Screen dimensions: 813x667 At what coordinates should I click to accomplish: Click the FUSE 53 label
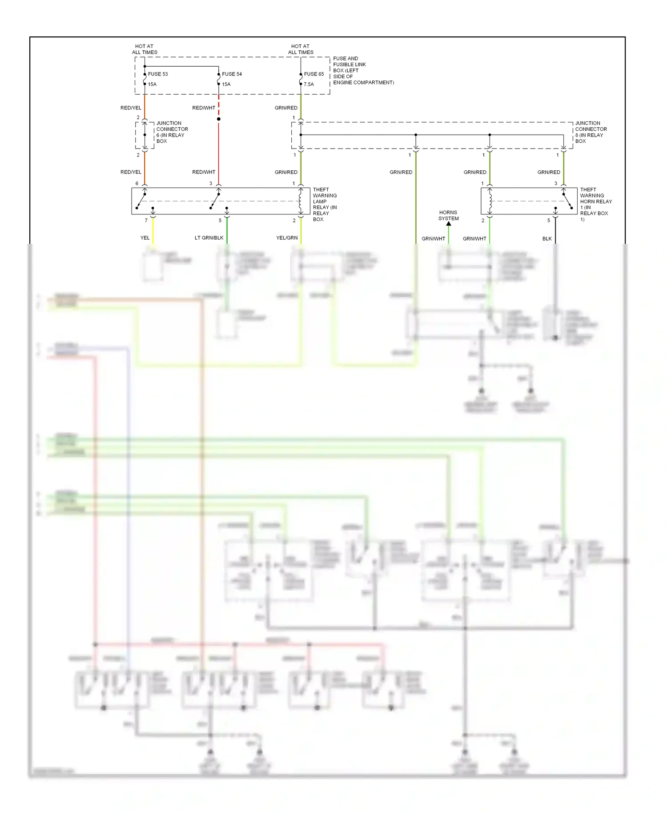pyautogui.click(x=158, y=74)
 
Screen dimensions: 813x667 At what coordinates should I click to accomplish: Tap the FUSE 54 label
pyautogui.click(x=232, y=74)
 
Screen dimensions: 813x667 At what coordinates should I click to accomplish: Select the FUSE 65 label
pyautogui.click(x=314, y=74)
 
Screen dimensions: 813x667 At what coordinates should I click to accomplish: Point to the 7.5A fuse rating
pyautogui.click(x=309, y=85)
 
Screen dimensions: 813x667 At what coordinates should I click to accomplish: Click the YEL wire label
pyautogui.click(x=145, y=238)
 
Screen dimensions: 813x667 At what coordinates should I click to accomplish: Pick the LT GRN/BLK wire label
pyautogui.click(x=209, y=238)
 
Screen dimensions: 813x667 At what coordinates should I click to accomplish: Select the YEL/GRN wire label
pyautogui.click(x=287, y=238)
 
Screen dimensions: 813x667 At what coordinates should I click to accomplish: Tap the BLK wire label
pyautogui.click(x=547, y=239)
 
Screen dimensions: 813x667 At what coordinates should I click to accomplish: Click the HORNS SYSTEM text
pyautogui.click(x=448, y=216)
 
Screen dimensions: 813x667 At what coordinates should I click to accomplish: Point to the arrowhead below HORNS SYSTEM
pyautogui.click(x=449, y=224)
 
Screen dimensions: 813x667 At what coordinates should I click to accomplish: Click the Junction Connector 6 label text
pyautogui.click(x=172, y=132)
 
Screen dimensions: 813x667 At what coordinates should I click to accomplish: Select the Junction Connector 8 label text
pyautogui.click(x=591, y=132)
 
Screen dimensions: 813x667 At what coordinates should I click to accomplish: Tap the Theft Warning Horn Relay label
pyautogui.click(x=595, y=204)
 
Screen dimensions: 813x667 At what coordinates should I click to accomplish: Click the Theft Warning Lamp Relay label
pyautogui.click(x=325, y=204)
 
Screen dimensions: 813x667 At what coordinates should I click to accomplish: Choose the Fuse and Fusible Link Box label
pyautogui.click(x=363, y=70)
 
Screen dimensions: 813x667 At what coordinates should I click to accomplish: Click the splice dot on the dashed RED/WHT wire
pyautogui.click(x=218, y=119)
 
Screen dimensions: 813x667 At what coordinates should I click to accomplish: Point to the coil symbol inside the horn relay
pyautogui.click(x=490, y=201)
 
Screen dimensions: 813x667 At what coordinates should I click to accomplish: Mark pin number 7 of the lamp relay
pyautogui.click(x=146, y=221)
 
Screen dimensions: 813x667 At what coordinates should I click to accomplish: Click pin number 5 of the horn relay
pyautogui.click(x=548, y=221)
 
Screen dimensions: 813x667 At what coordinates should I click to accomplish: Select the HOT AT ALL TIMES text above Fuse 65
pyautogui.click(x=301, y=49)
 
